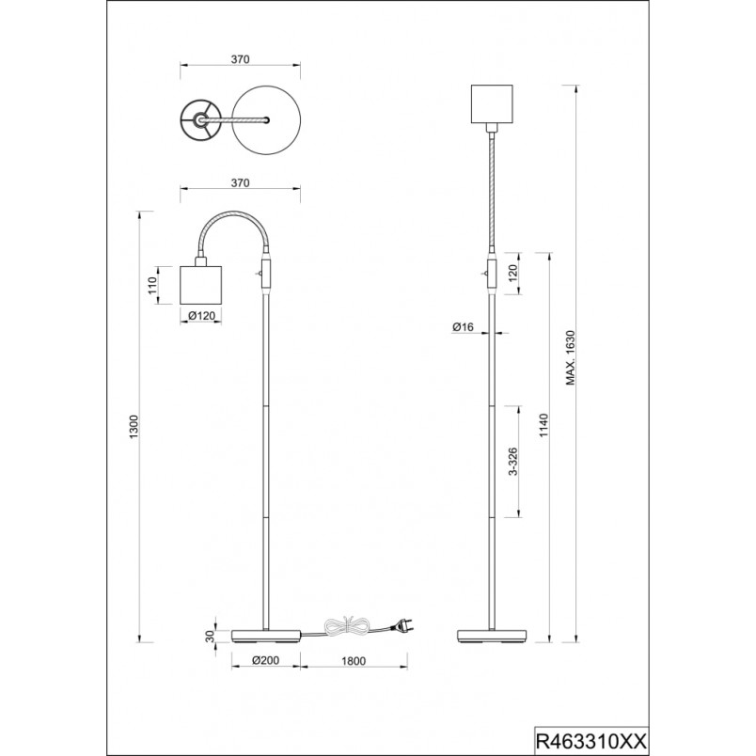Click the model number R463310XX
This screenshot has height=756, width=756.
coord(591,741)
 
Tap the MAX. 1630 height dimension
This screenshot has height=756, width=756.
coord(571,357)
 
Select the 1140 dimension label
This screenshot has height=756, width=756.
coord(543,425)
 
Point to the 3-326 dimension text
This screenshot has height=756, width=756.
coord(513,462)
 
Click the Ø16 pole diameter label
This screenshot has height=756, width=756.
coord(463,327)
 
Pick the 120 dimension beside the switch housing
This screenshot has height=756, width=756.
coord(512,273)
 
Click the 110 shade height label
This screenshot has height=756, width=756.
coord(152,285)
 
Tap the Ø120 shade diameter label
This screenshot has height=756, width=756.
coord(201,316)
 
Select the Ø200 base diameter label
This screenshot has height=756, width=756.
coord(266,660)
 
